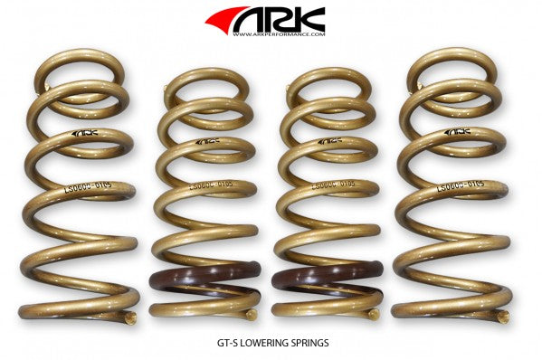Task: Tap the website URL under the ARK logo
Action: tap(278, 35)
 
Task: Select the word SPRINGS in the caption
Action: tap(314, 343)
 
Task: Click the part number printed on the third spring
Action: tap(328, 186)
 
